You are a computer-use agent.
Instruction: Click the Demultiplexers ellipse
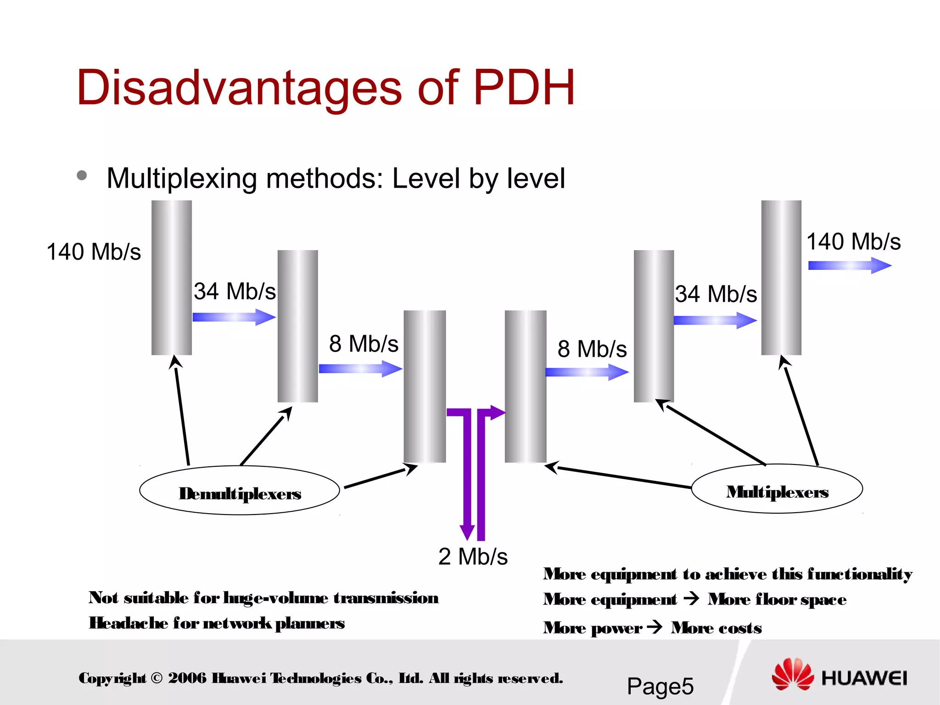[240, 490]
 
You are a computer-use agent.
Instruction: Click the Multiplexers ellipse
[777, 489]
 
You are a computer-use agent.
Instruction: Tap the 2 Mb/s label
[473, 557]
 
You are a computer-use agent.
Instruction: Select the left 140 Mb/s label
[94, 252]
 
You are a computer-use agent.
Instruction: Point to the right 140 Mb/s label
[854, 242]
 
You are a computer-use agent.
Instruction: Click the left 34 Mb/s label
[235, 291]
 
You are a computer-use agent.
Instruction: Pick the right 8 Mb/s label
[592, 349]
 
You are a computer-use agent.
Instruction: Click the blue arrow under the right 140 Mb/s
[849, 265]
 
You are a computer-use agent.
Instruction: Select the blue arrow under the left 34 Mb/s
[234, 317]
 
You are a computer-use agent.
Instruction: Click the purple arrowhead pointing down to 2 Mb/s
[467, 532]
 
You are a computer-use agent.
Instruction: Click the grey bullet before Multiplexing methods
[82, 175]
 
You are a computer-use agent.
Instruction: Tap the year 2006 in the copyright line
[187, 678]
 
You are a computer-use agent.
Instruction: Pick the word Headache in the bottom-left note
[129, 623]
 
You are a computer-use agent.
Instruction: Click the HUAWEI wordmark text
[864, 678]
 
